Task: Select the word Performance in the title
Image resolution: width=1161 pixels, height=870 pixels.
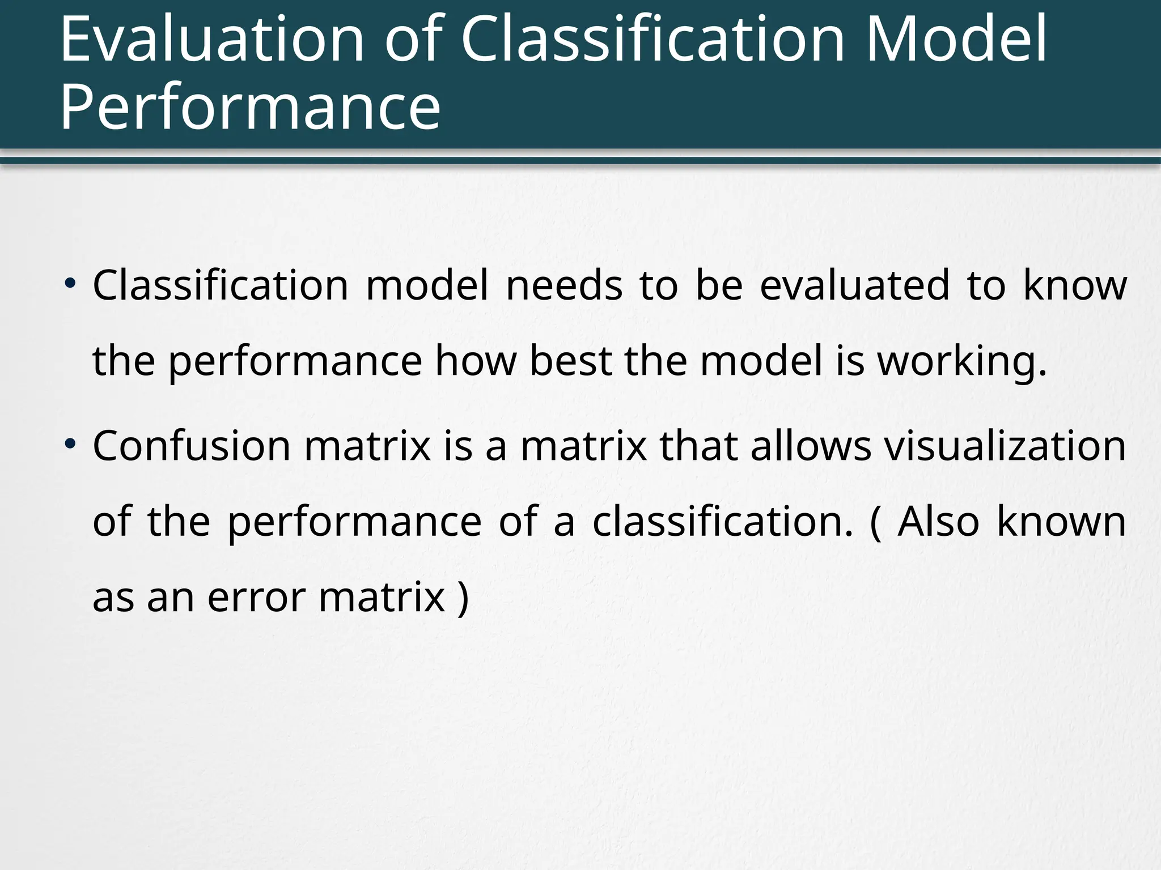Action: click(250, 106)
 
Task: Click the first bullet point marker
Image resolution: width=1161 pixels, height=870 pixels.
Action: click(69, 282)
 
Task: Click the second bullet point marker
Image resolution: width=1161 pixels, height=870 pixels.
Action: click(69, 442)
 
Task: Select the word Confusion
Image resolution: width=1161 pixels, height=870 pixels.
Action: click(192, 446)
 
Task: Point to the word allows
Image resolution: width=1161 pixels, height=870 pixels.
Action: click(811, 446)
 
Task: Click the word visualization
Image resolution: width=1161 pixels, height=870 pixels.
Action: click(1005, 446)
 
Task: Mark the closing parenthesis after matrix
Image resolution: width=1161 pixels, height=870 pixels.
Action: click(463, 598)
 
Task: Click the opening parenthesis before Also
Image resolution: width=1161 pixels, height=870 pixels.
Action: click(876, 522)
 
